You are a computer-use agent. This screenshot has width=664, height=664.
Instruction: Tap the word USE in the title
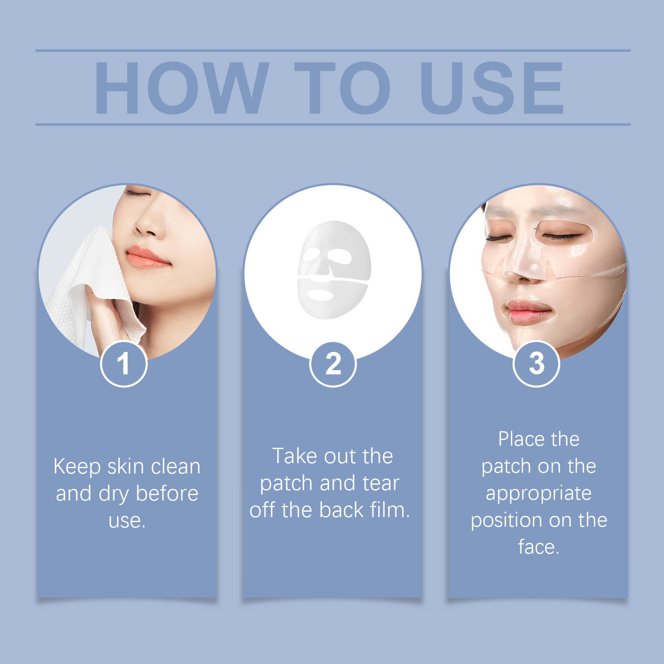pos(492,88)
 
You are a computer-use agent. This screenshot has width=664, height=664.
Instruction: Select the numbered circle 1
pos(124,364)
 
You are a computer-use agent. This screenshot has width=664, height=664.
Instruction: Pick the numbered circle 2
pos(333,364)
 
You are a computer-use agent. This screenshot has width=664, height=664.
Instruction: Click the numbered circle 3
pos(536,364)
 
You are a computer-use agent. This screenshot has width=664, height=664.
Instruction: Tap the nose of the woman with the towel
pos(147,226)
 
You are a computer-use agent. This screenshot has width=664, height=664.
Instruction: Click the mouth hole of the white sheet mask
pos(320,295)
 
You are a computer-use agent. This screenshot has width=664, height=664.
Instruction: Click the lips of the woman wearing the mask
pos(526,310)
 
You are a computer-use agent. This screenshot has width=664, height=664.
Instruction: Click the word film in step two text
pos(388,510)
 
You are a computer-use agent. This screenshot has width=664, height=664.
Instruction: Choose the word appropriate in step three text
pos(539,494)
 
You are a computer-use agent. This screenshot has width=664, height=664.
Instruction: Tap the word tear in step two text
pos(381,483)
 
